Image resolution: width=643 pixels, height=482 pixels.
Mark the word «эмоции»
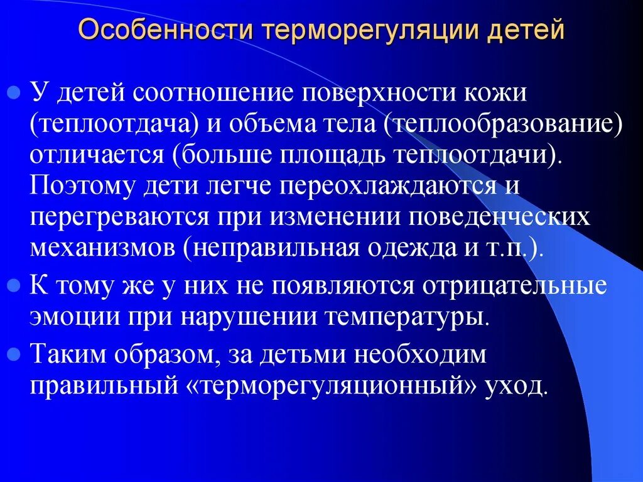click(70, 316)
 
